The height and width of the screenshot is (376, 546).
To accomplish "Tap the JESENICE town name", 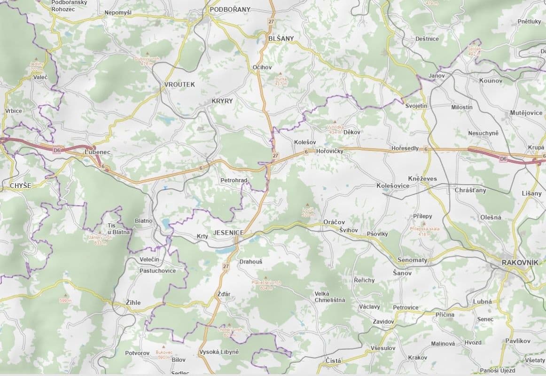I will [228, 233].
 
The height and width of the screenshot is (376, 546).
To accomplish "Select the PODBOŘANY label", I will [230, 9].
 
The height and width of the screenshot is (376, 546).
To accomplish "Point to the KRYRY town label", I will [222, 101].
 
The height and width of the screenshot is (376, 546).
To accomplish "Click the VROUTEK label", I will [179, 84].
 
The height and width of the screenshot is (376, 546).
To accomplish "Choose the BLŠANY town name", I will [281, 38].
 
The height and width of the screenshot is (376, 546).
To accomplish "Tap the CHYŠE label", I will [20, 186].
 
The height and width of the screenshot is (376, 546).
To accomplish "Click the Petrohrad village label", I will [234, 180].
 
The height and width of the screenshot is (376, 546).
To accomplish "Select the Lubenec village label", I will [97, 153].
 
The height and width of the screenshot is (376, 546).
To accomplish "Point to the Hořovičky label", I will [330, 151].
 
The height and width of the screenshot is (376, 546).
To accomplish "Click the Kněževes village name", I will [422, 179].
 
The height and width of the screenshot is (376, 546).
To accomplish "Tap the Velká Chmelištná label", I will [329, 297].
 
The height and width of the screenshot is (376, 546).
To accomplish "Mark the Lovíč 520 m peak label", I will [308, 211].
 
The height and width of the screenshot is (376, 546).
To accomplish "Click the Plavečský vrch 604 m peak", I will [266, 285].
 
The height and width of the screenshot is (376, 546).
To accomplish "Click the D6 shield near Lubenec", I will [57, 150].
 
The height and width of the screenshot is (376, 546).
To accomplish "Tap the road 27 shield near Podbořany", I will [271, 22].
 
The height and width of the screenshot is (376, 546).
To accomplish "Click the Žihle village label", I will [133, 303].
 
